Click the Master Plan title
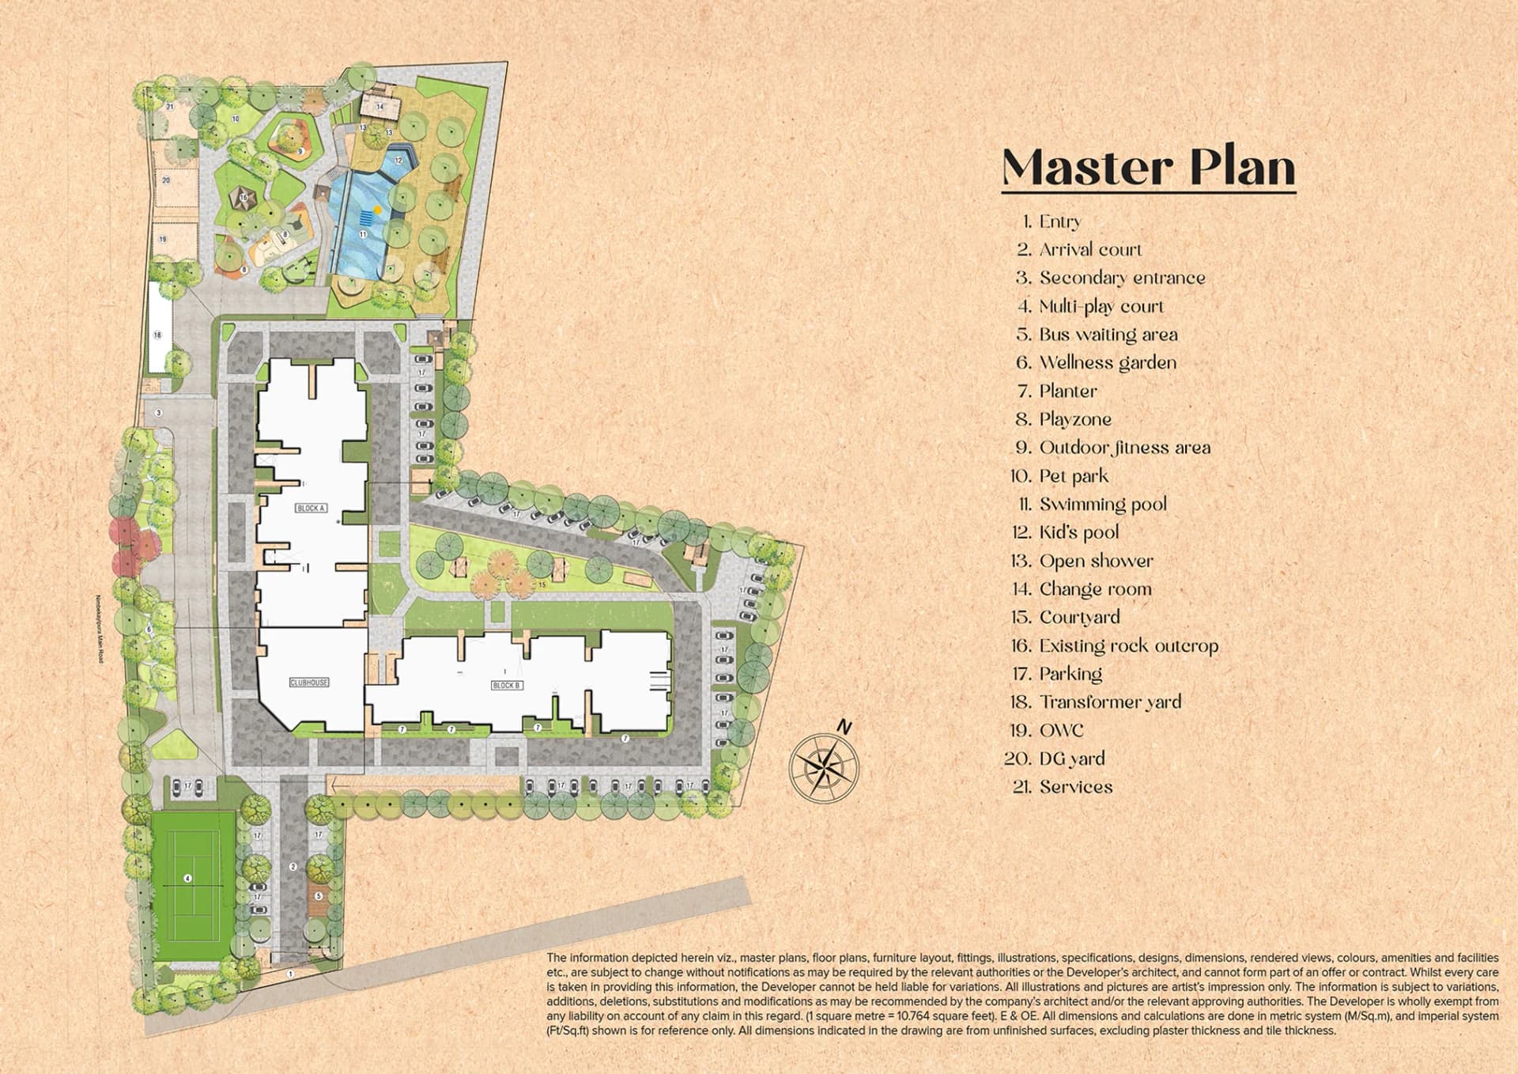[x=1148, y=167]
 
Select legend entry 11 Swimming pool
[x=1102, y=504]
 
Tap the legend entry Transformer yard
[x=1109, y=702]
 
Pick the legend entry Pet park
[x=1073, y=475]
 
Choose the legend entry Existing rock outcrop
[x=1127, y=645]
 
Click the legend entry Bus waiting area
[x=1107, y=335]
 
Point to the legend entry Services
[x=1075, y=786]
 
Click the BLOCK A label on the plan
[x=311, y=508]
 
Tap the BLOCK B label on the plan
[x=506, y=685]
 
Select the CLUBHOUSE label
[x=308, y=682]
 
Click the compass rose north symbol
[x=825, y=765]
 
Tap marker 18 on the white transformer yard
[x=157, y=335]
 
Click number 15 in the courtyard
[x=542, y=584]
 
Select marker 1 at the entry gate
[x=290, y=974]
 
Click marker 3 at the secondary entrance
[x=159, y=413]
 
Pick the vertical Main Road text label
[x=99, y=629]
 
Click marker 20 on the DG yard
[x=166, y=180]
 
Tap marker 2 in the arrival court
[x=293, y=867]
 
